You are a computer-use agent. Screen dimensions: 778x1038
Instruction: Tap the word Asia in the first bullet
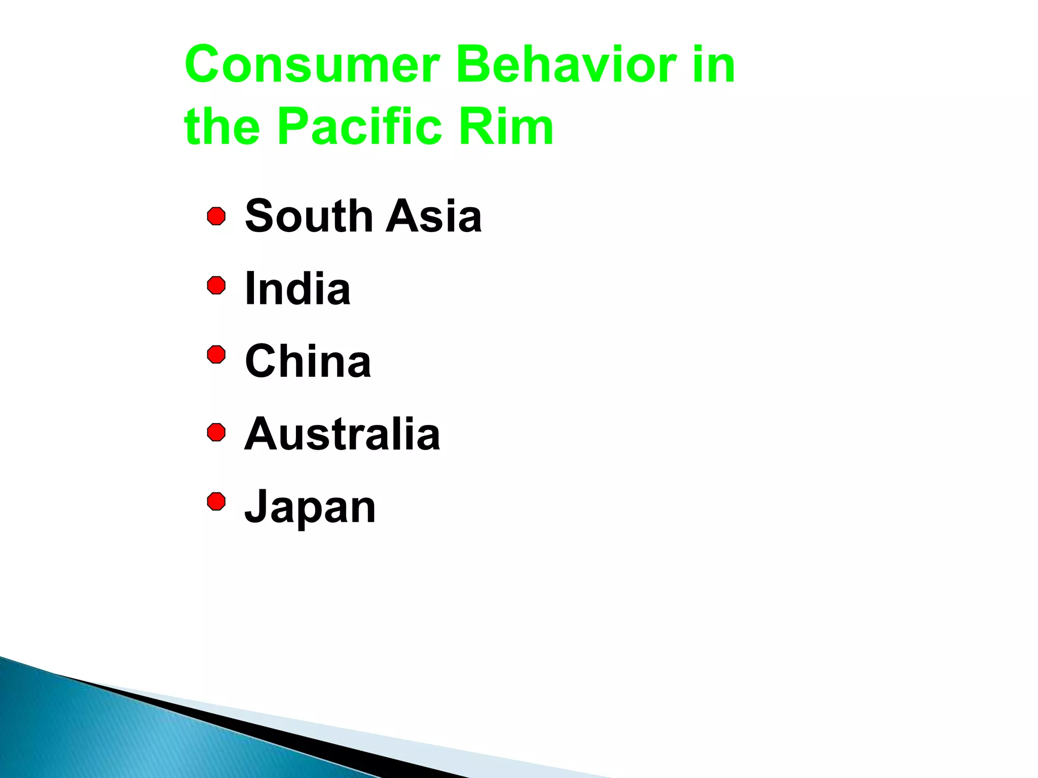point(434,216)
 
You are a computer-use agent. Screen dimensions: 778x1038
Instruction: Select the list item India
point(298,289)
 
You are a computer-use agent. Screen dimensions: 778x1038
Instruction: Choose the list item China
point(308,361)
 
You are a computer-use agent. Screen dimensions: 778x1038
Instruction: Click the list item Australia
point(342,434)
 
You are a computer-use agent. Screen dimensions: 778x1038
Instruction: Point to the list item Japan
point(310,507)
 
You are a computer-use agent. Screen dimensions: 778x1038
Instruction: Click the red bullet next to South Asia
point(216,216)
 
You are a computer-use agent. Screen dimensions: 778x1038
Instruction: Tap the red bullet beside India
point(216,286)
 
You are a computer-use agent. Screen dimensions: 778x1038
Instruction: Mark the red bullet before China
point(216,355)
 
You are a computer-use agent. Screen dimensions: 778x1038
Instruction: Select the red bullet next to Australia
point(216,433)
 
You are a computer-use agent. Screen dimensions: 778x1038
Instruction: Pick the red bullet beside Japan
point(216,501)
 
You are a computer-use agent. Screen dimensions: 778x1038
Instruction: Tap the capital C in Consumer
point(205,65)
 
